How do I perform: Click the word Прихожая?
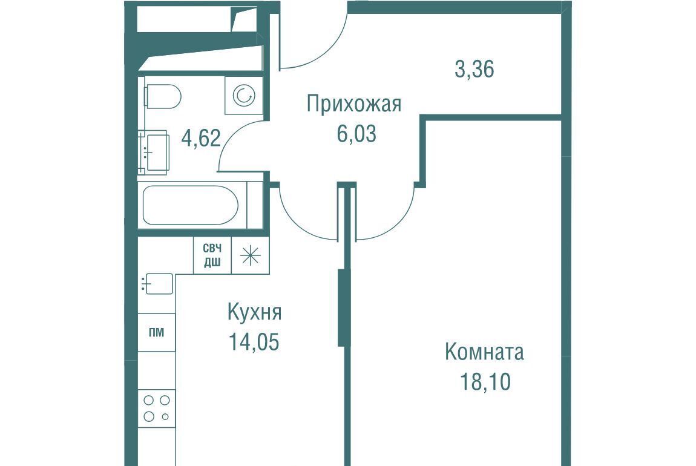[x=354, y=104]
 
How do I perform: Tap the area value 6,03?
[x=356, y=134]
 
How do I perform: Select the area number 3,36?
[x=474, y=69]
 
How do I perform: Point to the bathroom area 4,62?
[x=201, y=137]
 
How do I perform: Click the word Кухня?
[x=254, y=312]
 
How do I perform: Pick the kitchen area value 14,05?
[x=254, y=342]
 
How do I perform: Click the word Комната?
[x=484, y=352]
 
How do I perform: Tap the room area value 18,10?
[x=485, y=382]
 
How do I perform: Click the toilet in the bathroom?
[x=162, y=96]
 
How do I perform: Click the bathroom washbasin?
[x=154, y=152]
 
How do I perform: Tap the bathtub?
[x=191, y=205]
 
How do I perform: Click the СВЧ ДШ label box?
[x=212, y=255]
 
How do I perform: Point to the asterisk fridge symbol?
[x=251, y=255]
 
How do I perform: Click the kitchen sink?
[x=157, y=284]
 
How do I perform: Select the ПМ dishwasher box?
[x=156, y=332]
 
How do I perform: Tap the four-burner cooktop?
[x=156, y=409]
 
